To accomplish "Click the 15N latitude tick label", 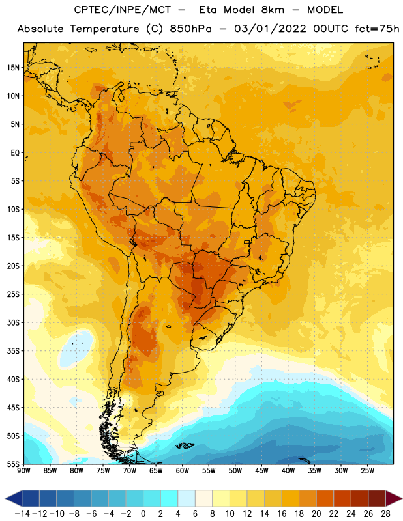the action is click(x=13, y=68).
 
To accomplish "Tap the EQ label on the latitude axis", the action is click(x=15, y=153).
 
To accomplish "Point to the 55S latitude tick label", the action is click(x=13, y=464).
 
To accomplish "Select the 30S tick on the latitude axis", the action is click(x=13, y=322).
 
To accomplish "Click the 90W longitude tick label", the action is click(x=23, y=470).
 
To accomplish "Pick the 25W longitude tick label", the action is click(x=367, y=470).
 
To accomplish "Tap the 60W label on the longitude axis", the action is click(x=183, y=470).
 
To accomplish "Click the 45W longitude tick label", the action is click(x=261, y=470).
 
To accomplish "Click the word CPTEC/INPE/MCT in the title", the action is click(x=122, y=10).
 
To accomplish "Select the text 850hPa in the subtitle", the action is click(x=190, y=29).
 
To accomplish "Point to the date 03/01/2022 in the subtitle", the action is click(x=270, y=29).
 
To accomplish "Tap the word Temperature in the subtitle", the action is click(x=104, y=29).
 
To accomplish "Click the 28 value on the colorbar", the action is click(x=385, y=514).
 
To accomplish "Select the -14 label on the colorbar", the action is click(x=22, y=514).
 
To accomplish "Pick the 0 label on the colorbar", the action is click(x=143, y=514).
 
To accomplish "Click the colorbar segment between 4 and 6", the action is click(x=187, y=498).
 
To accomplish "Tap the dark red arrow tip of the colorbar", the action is click(x=394, y=498).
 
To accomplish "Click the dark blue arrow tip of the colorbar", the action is click(x=13, y=498).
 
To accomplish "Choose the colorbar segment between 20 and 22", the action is click(x=325, y=498).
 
